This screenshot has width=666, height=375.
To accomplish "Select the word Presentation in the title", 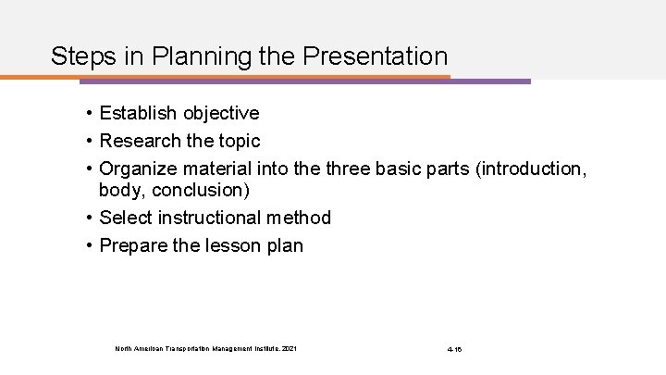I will (374, 56).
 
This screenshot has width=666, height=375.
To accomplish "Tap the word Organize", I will (139, 169).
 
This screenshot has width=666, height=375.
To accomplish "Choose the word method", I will (298, 219).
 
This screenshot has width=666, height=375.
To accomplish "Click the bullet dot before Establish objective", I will (84, 114).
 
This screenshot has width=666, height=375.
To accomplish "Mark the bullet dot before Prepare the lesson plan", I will (84, 247).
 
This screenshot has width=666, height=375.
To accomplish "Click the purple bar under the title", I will (490, 81).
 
